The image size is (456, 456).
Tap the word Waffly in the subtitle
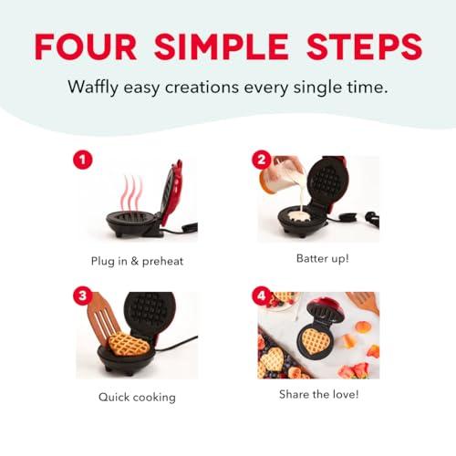tap(96, 88)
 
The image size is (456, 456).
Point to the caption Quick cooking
tap(137, 397)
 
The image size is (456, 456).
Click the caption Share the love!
tap(318, 394)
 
